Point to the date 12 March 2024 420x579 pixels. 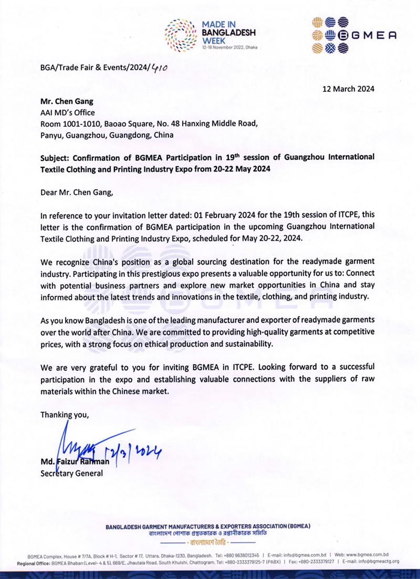348,89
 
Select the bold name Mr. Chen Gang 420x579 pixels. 67,101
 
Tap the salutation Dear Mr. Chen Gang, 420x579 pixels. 76,192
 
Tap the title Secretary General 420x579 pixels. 72,474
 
